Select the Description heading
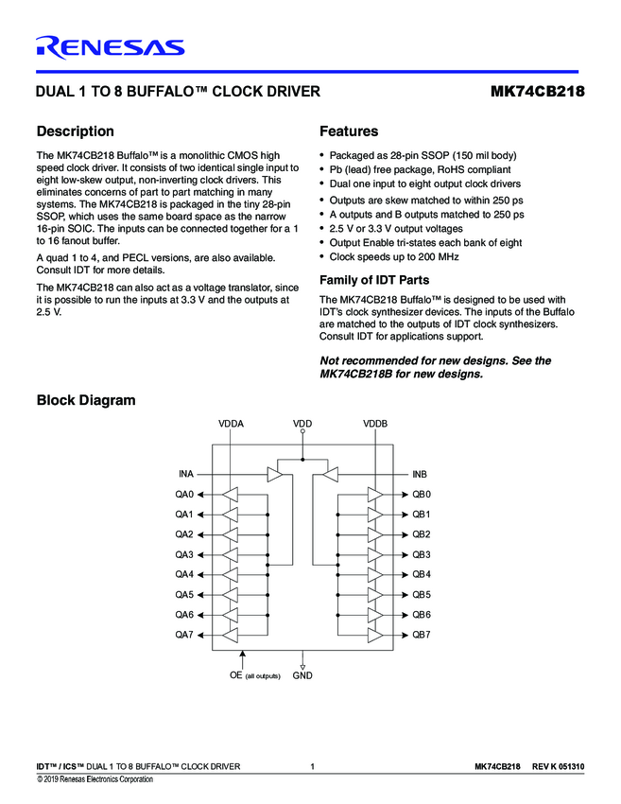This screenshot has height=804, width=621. pyautogui.click(x=75, y=131)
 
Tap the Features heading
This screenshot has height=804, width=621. pyautogui.click(x=349, y=131)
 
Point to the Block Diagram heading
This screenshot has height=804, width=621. pyautogui.click(x=85, y=400)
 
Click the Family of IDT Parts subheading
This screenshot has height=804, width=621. pyautogui.click(x=374, y=279)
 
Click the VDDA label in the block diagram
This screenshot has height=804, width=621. pyautogui.click(x=231, y=425)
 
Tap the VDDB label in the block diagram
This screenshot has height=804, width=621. pyautogui.click(x=375, y=425)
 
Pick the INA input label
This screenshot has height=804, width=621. pyautogui.click(x=185, y=474)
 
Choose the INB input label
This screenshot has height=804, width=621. pyautogui.click(x=421, y=474)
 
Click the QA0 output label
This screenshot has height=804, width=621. pyautogui.click(x=183, y=495)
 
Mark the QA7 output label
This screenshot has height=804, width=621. pyautogui.click(x=183, y=635)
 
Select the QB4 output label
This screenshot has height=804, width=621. pyautogui.click(x=422, y=574)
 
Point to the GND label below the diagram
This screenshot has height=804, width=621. pyautogui.click(x=302, y=675)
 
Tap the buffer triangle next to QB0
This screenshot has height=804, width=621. pyautogui.click(x=375, y=495)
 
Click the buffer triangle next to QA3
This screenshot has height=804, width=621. pyautogui.click(x=231, y=554)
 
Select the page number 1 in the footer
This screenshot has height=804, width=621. pyautogui.click(x=312, y=765)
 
